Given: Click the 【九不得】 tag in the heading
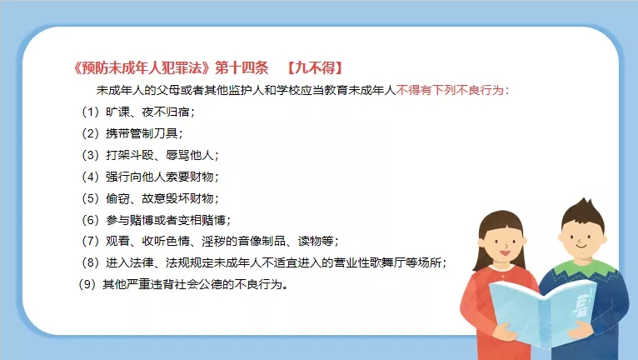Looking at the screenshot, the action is pos(315,67).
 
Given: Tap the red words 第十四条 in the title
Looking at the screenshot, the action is pos(242,67).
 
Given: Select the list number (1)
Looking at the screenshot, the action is pos(90,112).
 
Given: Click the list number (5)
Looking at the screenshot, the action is pos(90,198).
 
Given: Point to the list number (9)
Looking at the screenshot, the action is pos(87,284).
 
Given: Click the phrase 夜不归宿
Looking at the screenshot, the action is pos(165,112).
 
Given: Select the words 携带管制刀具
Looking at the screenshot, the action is pos(142,133).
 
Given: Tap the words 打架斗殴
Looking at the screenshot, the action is pos(130,155).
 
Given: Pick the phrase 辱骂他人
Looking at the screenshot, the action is pos(190,155).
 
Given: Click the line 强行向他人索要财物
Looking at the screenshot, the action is pos(160,177).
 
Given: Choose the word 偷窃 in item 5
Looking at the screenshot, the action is pos(117,198).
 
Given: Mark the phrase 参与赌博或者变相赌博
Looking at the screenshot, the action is pos(166,220).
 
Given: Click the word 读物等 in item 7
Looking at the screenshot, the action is pos(316,241).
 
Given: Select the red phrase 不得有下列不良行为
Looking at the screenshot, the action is pos(450,90).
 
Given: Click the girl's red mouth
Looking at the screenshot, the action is pos(505,252).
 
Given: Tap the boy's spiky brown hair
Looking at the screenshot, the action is pos(584,215).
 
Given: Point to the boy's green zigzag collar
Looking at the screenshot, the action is pos(582,267).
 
